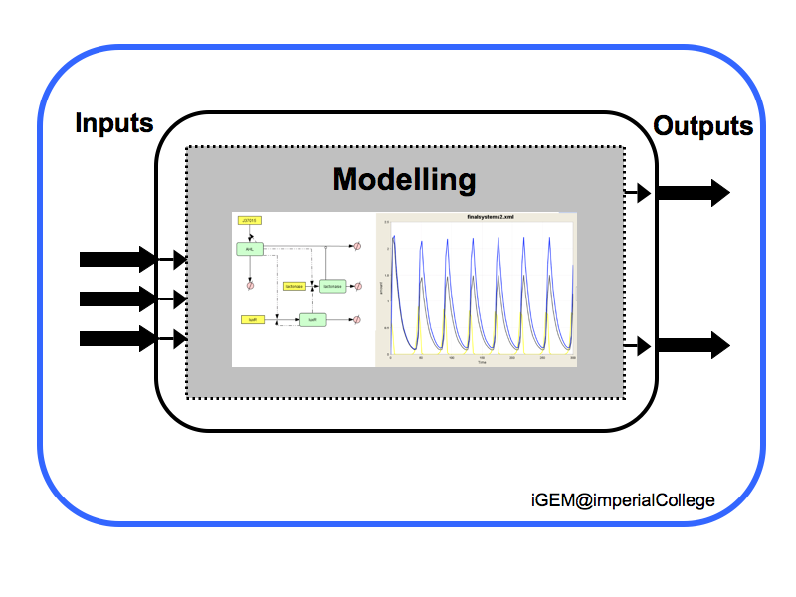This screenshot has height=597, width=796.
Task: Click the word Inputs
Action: coord(114,124)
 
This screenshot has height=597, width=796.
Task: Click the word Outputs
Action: coord(702,126)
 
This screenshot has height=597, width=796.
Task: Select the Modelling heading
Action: coord(404,180)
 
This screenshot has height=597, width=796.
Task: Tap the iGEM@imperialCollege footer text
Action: coord(622,499)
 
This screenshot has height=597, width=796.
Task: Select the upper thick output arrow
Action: coord(693,193)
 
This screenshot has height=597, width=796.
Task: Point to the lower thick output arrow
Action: coord(693,346)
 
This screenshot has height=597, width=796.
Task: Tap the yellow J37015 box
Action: coord(250,220)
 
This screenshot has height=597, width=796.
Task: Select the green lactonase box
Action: coord(331,286)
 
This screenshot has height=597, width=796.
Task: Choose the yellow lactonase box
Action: coord(295,286)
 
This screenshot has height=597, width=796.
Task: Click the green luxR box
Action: coord(312,320)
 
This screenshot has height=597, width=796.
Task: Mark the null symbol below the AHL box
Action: coord(251,285)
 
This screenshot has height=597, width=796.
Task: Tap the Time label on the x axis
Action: coord(481,363)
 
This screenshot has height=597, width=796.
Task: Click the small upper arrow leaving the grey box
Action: coord(638,192)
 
